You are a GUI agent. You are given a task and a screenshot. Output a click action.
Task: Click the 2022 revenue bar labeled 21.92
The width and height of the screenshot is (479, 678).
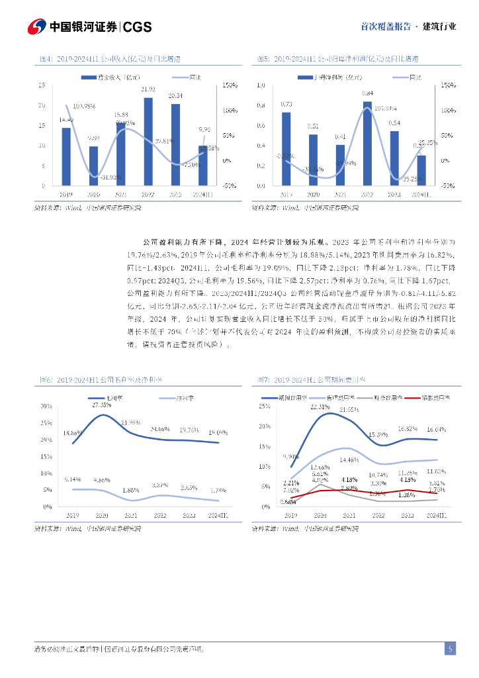(x=148, y=142)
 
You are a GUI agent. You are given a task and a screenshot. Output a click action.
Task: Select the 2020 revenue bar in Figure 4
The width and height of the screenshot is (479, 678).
(x=93, y=166)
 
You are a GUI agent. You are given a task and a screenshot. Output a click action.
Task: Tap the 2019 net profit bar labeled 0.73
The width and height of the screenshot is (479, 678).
(x=286, y=149)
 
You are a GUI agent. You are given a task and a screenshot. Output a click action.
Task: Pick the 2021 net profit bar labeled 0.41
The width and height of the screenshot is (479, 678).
(x=340, y=165)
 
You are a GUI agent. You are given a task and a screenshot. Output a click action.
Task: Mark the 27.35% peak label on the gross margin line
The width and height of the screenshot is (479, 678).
(x=101, y=404)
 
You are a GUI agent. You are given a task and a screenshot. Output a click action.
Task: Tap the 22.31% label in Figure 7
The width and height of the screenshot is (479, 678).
(x=320, y=407)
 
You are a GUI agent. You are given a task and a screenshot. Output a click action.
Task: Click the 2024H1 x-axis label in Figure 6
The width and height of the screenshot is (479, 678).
(x=217, y=514)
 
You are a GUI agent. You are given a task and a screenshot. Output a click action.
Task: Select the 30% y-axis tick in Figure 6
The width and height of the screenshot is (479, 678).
(x=46, y=405)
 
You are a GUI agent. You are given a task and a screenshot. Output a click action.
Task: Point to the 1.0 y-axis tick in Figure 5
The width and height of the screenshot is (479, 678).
(x=260, y=85)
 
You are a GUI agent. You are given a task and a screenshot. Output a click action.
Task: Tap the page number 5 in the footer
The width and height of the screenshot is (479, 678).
(x=450, y=649)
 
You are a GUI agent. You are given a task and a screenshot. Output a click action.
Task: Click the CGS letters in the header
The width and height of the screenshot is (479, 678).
(x=138, y=26)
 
